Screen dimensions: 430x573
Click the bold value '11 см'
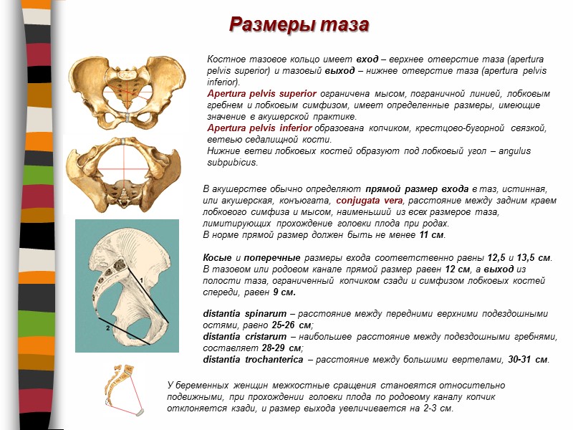pos(432,235)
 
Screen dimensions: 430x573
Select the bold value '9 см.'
pos(284,292)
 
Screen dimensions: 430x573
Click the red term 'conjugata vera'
pos(372,200)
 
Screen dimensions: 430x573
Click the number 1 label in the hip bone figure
pos(141,279)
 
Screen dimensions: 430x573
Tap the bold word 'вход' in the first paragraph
pos(367,59)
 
